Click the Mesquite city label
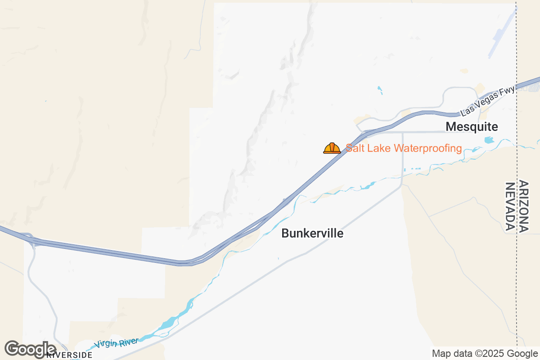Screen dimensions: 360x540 click(472, 127)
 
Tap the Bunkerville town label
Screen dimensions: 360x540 click(312, 234)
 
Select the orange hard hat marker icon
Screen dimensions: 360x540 click(332, 148)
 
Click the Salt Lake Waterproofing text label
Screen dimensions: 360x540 click(404, 148)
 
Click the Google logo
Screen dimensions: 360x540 click(30, 349)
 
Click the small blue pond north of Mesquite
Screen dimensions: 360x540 click(380, 90)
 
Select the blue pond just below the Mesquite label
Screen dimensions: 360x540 click(489, 140)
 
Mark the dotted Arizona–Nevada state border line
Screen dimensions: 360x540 click(517, 270)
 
